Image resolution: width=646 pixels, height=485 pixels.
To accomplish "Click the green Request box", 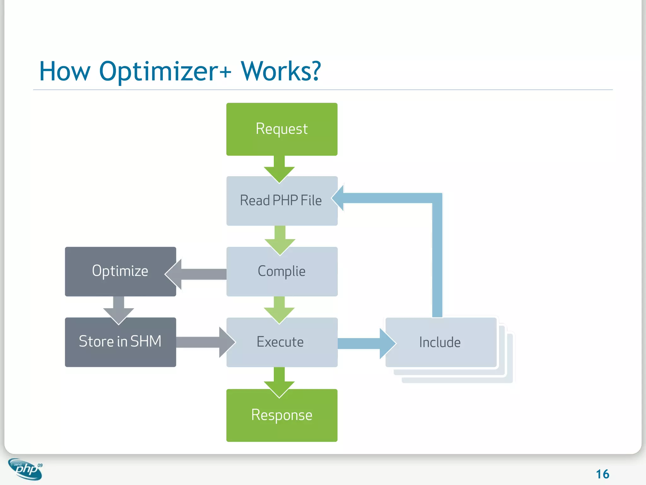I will click(282, 129).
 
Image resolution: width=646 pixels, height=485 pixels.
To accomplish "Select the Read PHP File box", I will click(282, 201).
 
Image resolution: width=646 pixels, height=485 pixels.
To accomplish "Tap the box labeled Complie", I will click(282, 272).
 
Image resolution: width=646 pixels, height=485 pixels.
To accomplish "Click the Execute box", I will click(282, 342).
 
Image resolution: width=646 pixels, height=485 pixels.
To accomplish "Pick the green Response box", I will click(282, 416).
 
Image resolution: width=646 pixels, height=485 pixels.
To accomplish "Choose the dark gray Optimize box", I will click(120, 272).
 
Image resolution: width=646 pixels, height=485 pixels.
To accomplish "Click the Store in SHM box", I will click(120, 342).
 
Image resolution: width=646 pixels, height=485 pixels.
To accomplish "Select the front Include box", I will click(441, 342).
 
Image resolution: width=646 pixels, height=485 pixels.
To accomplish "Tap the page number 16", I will click(602, 474).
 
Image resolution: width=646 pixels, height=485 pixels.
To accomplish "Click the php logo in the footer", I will click(26, 469).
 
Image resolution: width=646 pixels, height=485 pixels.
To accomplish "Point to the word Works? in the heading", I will click(281, 71).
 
